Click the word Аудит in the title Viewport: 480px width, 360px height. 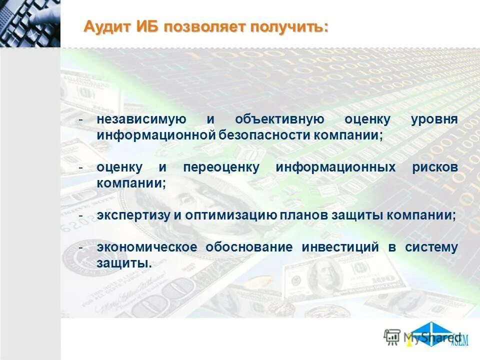click(x=106, y=26)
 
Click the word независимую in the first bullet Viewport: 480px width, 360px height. click(x=141, y=120)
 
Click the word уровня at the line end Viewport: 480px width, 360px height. click(x=434, y=120)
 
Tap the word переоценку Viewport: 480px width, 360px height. click(x=221, y=167)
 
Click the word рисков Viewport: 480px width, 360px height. click(x=435, y=167)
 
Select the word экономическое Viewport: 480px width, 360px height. click(x=147, y=247)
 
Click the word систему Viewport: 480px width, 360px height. click(x=431, y=247)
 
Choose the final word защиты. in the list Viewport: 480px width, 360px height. click(x=124, y=262)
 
